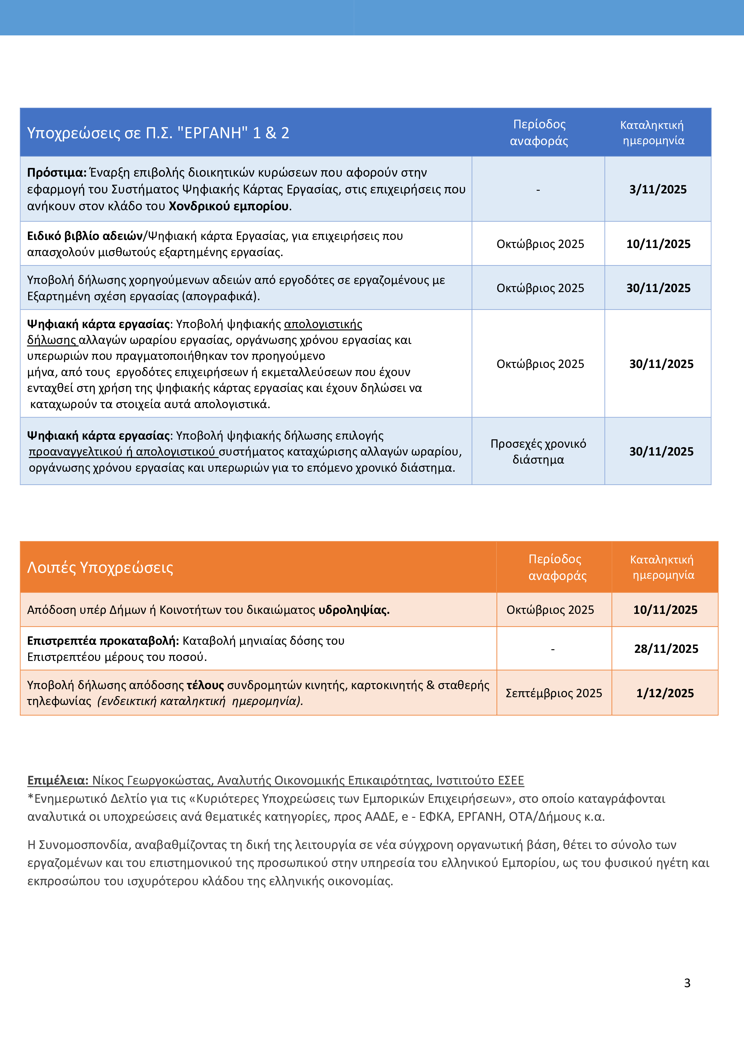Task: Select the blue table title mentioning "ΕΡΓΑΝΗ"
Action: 158,133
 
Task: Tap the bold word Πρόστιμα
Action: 57,173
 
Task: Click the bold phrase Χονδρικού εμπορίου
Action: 229,206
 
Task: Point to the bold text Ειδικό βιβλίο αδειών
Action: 85,236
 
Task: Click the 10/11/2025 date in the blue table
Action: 658,244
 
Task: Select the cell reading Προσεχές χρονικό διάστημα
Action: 538,451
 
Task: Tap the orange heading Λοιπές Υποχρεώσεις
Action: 100,567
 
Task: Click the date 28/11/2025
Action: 666,649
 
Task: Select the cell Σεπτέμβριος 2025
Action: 553,693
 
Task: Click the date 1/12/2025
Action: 665,693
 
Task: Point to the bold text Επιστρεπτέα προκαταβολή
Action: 103,641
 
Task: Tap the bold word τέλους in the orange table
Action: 205,685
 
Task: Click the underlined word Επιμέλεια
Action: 58,780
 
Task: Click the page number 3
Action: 687,983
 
